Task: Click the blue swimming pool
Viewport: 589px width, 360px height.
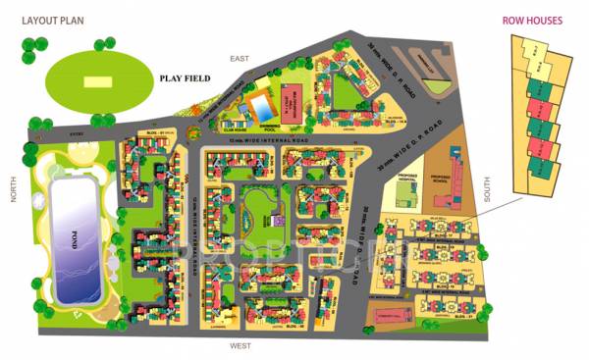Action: pos(262,105)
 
